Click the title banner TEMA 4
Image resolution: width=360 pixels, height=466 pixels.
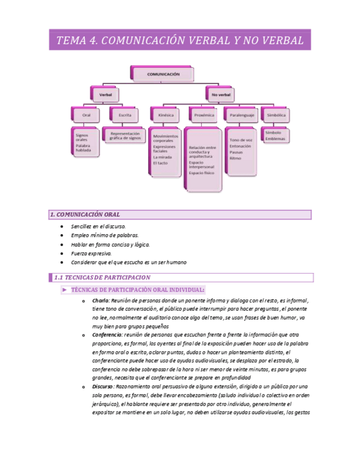(x=180, y=40)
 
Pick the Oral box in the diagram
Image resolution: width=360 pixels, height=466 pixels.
(x=86, y=115)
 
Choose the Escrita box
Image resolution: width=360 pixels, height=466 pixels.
(x=124, y=115)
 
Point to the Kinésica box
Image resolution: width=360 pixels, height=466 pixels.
(x=165, y=115)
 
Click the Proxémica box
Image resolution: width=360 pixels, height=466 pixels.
(x=204, y=115)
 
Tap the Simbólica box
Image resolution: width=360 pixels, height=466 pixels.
(x=275, y=115)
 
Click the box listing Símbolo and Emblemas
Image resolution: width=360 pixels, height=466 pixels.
(x=275, y=136)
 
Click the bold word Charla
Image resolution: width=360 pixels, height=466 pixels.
(x=100, y=301)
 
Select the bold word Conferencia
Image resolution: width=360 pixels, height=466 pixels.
(x=107, y=334)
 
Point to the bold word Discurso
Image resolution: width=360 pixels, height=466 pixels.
(x=103, y=387)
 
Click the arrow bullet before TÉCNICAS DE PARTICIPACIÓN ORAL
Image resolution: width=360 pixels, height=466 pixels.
(x=64, y=290)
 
